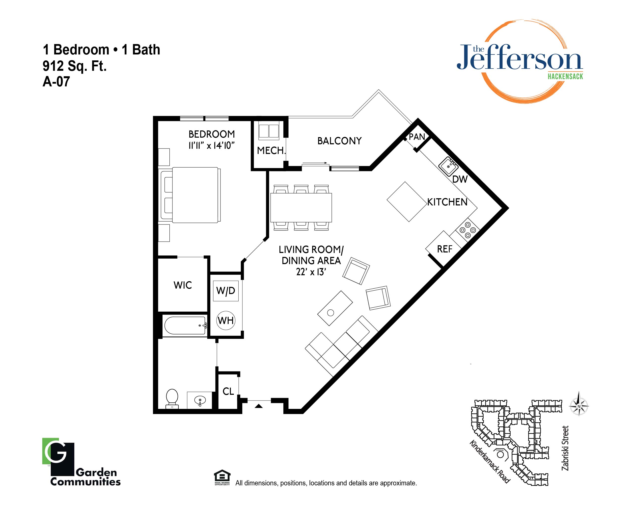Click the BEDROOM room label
point(212,134)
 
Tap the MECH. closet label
point(271,150)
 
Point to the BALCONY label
point(340,141)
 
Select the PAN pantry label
point(417,137)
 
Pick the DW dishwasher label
point(460,179)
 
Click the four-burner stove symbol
point(468,230)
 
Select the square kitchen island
point(407,202)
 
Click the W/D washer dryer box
point(226,291)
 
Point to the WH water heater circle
point(226,320)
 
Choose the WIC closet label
point(183,285)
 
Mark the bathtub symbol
point(185,325)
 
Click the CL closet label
point(228,391)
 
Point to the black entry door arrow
point(259,406)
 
